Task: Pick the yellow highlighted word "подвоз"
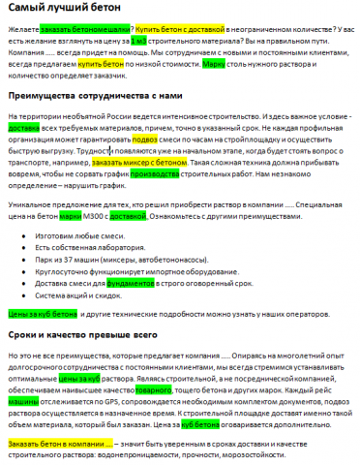pos(145,139)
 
